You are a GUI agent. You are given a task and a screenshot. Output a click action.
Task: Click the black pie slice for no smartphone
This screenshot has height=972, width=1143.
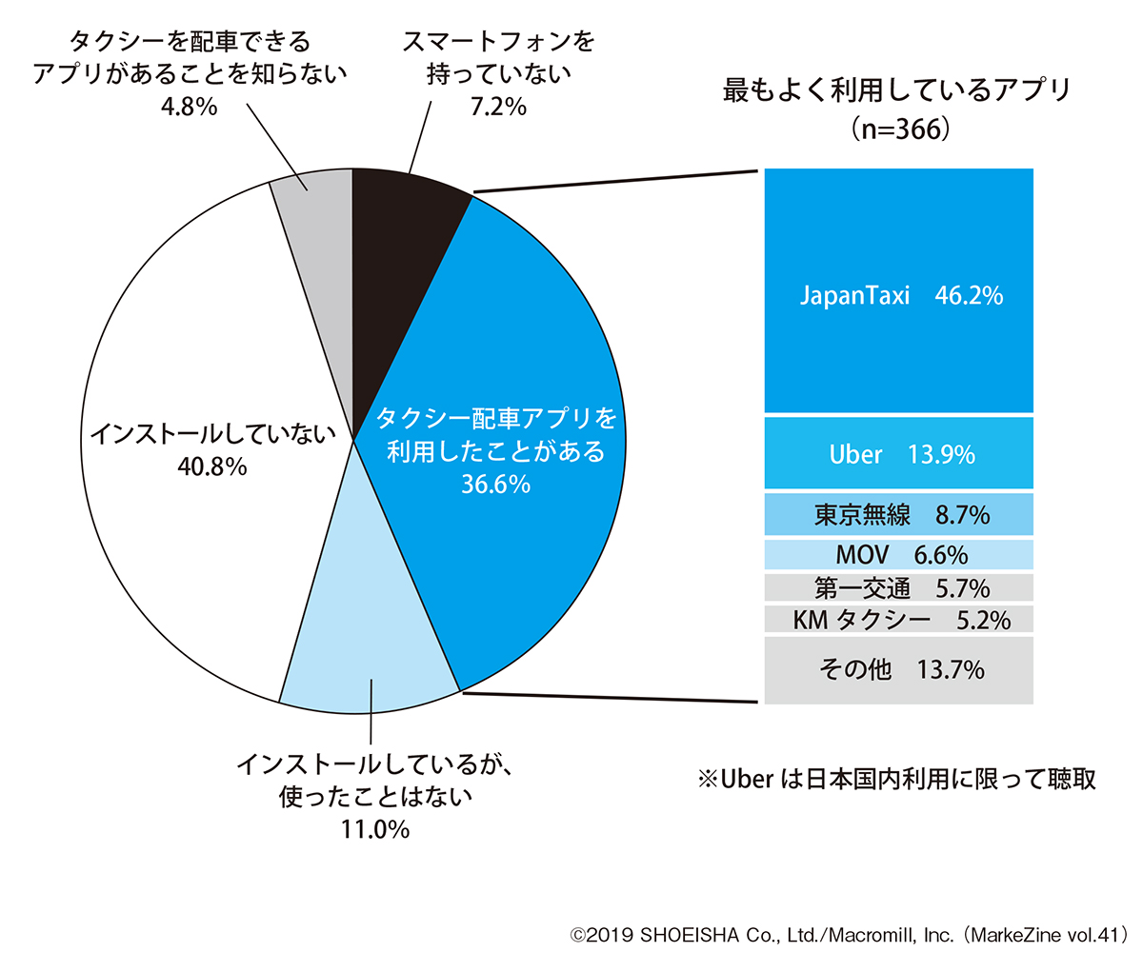click(400, 238)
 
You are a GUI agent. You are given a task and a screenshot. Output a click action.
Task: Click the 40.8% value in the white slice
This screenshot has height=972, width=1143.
click(211, 466)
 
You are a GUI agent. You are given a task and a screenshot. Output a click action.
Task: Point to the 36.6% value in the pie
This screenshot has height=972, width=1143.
click(495, 485)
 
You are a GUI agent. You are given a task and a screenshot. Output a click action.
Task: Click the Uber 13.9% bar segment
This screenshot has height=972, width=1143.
click(898, 454)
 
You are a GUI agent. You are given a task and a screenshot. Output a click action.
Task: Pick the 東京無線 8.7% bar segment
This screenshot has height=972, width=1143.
click(898, 515)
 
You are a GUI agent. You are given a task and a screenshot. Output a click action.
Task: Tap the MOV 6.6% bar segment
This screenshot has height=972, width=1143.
click(898, 554)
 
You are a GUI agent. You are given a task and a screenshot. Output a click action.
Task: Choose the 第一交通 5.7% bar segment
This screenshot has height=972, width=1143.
click(898, 587)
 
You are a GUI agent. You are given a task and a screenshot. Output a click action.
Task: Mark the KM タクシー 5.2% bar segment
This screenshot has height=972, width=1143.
click(898, 620)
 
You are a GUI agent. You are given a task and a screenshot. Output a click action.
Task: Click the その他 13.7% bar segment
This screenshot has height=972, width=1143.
click(898, 669)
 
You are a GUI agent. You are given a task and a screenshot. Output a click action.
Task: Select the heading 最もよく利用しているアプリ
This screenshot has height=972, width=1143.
click(898, 90)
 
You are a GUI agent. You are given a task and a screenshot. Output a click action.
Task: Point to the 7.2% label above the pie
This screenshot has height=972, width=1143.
click(498, 106)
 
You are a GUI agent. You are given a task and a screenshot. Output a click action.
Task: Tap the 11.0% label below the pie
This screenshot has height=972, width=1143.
click(375, 828)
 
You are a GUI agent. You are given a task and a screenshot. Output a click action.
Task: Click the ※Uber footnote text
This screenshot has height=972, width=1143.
click(897, 779)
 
